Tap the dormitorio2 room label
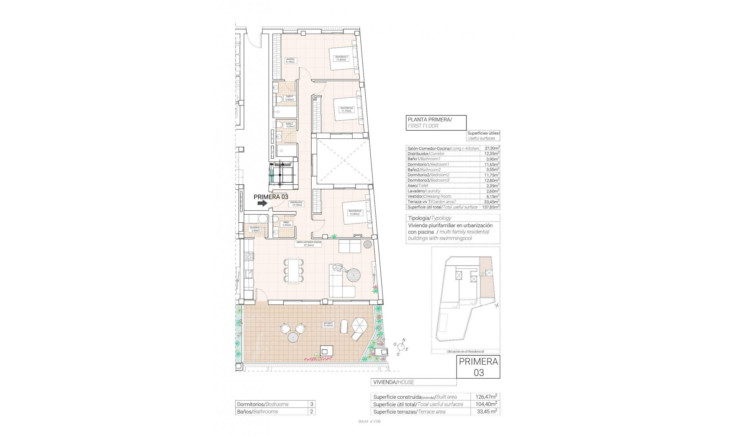pyautogui.click(x=347, y=109)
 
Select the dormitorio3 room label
pyautogui.click(x=355, y=212)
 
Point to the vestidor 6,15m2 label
pyautogui.click(x=290, y=60)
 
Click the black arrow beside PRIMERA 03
pyautogui.click(x=262, y=204)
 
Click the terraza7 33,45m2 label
pyautogui.click(x=328, y=324)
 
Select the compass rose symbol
pyautogui.click(x=401, y=347)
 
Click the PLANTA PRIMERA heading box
pyautogui.click(x=436, y=123)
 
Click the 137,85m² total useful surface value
pyautogui.click(x=491, y=207)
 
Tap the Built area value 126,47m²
pyautogui.click(x=485, y=397)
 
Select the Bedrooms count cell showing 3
pyautogui.click(x=311, y=404)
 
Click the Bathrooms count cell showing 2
pyautogui.click(x=311, y=412)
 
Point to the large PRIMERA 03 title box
pyautogui.click(x=478, y=367)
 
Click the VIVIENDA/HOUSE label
pyautogui.click(x=394, y=382)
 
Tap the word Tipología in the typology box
pyautogui.click(x=419, y=218)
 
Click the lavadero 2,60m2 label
pyautogui.click(x=255, y=229)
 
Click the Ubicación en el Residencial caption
pyautogui.click(x=465, y=351)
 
